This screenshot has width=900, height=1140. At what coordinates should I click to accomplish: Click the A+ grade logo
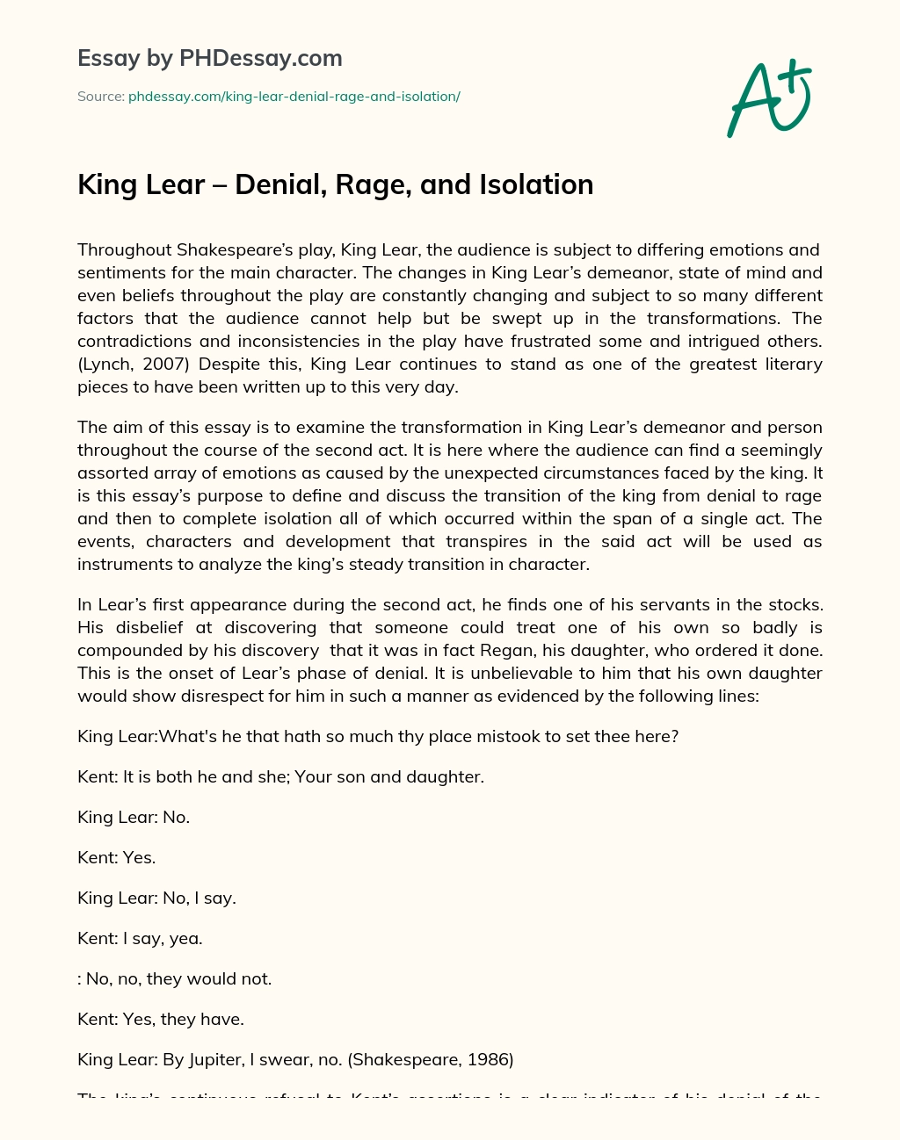point(769,97)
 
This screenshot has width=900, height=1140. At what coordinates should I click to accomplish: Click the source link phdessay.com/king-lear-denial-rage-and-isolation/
point(294,97)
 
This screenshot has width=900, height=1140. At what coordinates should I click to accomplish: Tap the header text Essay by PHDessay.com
point(209,59)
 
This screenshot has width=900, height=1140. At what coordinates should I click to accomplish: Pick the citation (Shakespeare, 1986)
point(431,1059)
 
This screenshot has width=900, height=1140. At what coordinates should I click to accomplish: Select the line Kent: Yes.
point(116,857)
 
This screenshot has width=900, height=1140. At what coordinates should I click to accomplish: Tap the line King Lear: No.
point(134,817)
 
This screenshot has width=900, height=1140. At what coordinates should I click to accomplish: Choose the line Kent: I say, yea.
point(140,938)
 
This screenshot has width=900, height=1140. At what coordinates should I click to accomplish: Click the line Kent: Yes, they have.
point(161,1019)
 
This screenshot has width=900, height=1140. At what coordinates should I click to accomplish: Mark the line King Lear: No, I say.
point(156,898)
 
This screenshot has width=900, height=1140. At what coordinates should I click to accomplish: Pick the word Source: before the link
point(100,97)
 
